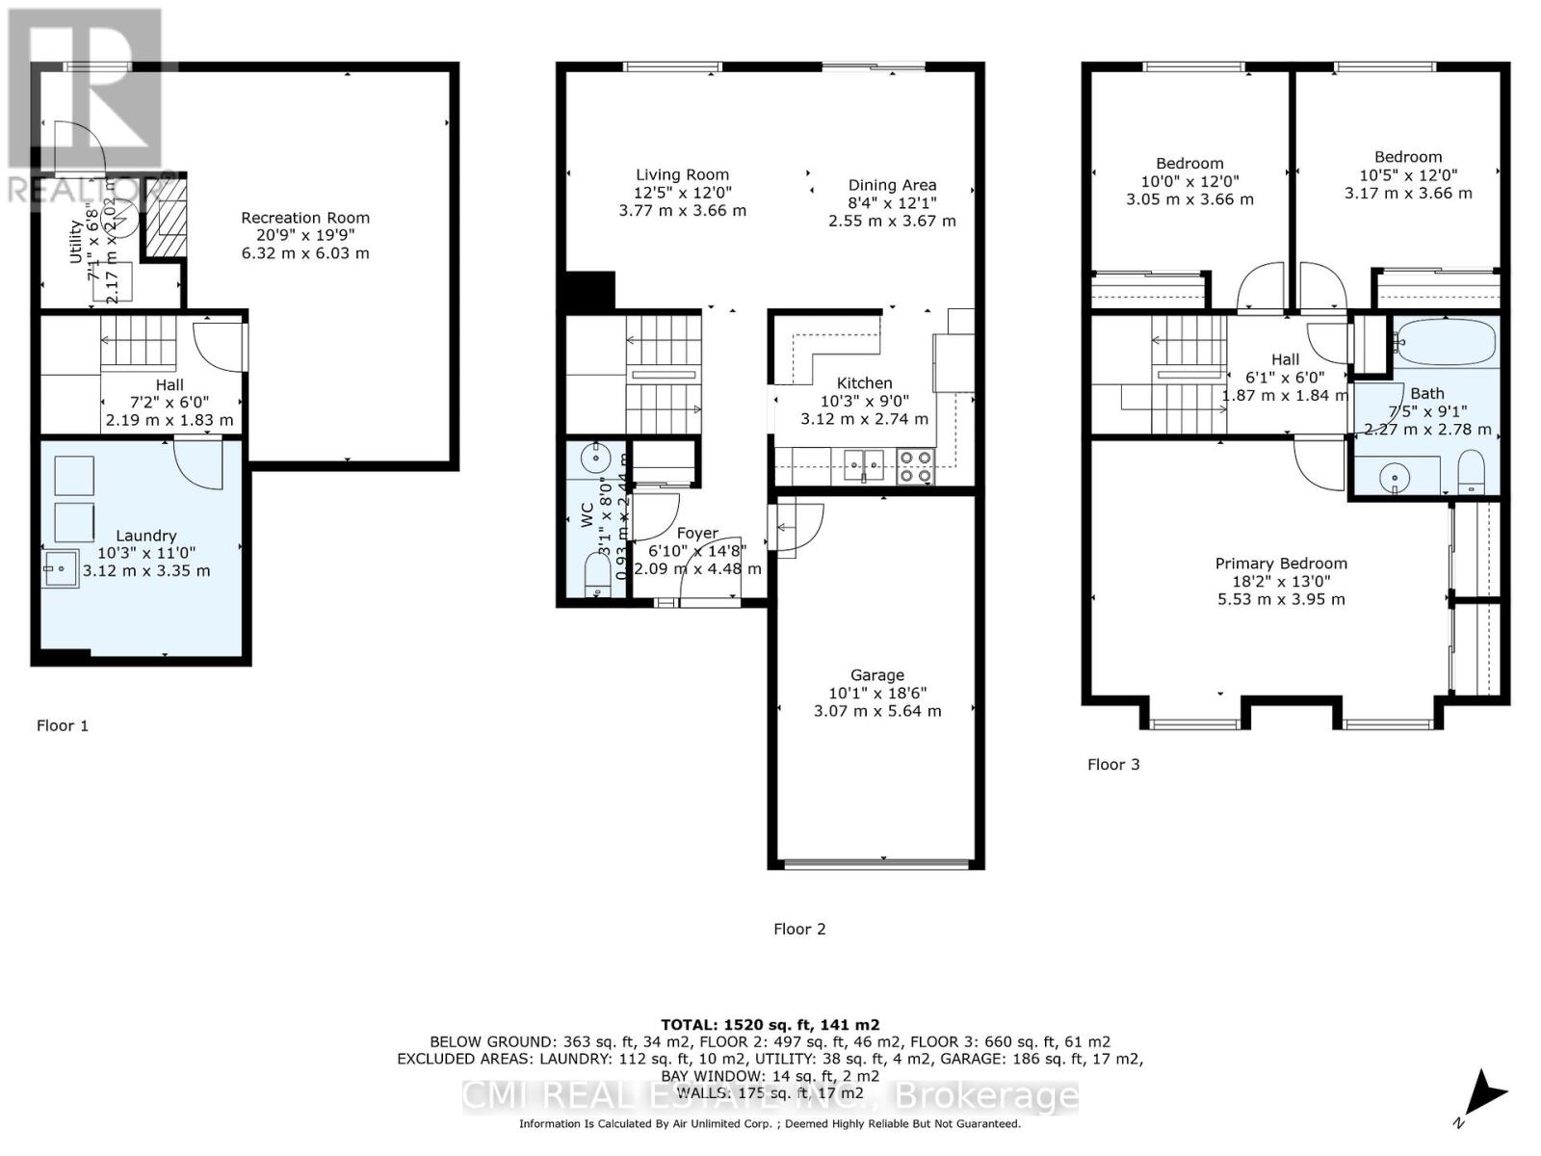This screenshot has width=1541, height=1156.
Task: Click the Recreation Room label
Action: click(x=305, y=219)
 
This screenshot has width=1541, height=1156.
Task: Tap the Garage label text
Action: click(x=876, y=675)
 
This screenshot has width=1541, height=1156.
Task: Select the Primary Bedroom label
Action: click(x=1281, y=564)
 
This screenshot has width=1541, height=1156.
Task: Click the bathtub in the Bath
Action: click(x=1447, y=341)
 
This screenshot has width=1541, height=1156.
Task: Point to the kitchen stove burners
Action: click(x=915, y=466)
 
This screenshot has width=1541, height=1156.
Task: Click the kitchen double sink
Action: click(x=864, y=465)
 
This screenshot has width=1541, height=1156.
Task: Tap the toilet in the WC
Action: click(x=597, y=576)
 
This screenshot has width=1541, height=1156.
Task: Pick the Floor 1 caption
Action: click(x=63, y=725)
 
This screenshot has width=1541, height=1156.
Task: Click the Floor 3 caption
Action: click(x=1113, y=764)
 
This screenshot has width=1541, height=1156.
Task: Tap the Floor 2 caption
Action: click(x=799, y=929)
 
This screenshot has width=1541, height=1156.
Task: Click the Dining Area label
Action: click(x=892, y=185)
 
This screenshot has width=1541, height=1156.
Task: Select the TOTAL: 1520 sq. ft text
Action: click(x=770, y=1025)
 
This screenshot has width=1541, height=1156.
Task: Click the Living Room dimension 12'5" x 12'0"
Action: click(x=682, y=193)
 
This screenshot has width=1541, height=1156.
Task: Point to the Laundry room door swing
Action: click(x=199, y=463)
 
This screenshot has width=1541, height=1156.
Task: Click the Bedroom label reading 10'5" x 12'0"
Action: click(x=1408, y=175)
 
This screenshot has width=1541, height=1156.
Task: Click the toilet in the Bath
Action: click(x=1472, y=475)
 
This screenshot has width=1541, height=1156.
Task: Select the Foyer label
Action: click(x=697, y=533)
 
